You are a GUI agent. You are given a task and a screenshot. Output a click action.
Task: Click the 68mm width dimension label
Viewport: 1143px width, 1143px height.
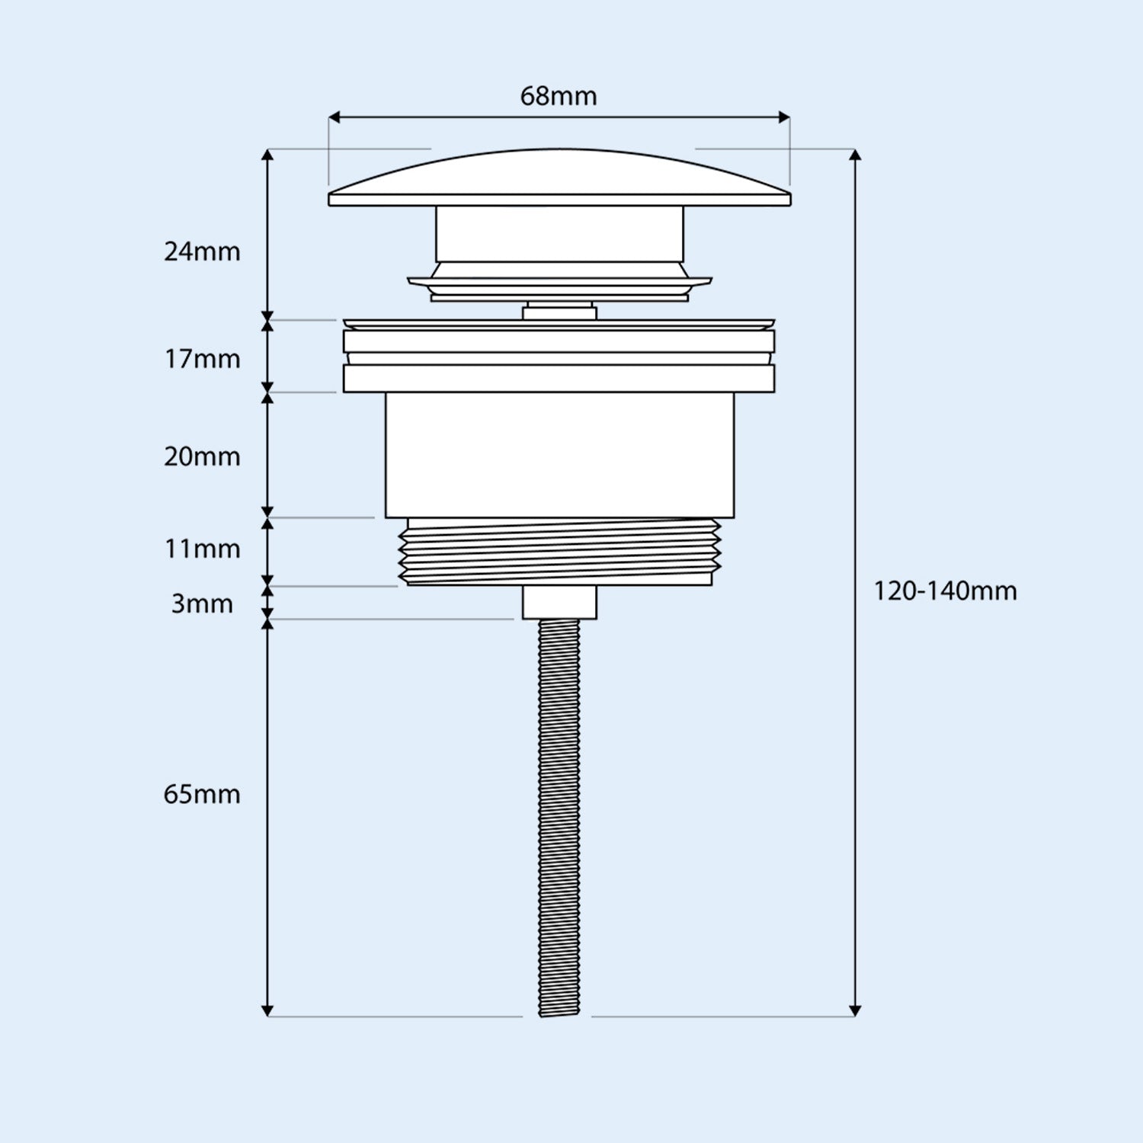pyautogui.click(x=559, y=97)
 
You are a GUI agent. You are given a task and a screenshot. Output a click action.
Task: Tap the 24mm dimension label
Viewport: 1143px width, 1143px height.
pyautogui.click(x=202, y=251)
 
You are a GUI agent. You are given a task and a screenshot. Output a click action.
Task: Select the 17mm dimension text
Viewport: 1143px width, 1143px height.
pyautogui.click(x=202, y=359)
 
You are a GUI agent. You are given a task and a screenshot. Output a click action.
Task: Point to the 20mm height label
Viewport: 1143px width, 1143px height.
pyautogui.click(x=202, y=456)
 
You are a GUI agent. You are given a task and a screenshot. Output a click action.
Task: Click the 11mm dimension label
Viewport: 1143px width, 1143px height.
pyautogui.click(x=202, y=549)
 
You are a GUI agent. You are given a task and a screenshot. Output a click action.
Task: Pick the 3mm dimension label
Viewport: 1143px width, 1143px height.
pyautogui.click(x=202, y=604)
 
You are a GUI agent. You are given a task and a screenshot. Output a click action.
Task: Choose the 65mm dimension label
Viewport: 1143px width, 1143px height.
pyautogui.click(x=202, y=794)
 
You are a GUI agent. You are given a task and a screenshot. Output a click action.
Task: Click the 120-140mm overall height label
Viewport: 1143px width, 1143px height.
pyautogui.click(x=945, y=591)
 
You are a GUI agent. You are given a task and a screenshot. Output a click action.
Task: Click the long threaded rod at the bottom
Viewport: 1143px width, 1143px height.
pyautogui.click(x=559, y=815)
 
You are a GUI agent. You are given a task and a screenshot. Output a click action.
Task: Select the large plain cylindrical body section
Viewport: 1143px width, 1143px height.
pyautogui.click(x=559, y=455)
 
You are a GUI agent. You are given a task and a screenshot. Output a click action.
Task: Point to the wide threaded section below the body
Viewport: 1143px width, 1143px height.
pyautogui.click(x=559, y=552)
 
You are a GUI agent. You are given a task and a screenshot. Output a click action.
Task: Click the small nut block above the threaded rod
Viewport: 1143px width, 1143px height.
pyautogui.click(x=559, y=602)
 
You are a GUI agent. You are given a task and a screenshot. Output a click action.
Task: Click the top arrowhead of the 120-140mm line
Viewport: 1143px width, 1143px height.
pyautogui.click(x=855, y=155)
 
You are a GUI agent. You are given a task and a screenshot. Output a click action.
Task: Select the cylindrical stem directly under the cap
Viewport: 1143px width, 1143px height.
pyautogui.click(x=559, y=234)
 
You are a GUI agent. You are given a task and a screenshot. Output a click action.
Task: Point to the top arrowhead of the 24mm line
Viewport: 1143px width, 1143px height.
pyautogui.click(x=267, y=155)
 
